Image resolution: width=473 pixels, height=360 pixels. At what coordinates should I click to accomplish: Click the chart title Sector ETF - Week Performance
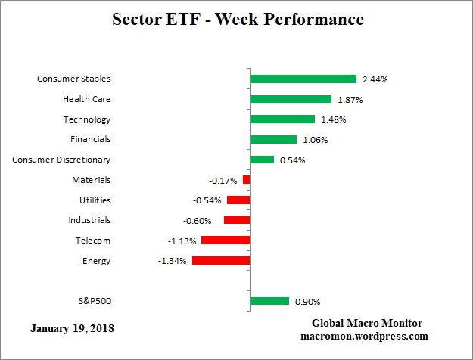(x=238, y=19)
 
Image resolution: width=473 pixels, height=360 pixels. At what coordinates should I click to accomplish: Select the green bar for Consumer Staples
(x=303, y=79)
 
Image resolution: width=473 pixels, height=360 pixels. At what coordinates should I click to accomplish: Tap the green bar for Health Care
(x=291, y=99)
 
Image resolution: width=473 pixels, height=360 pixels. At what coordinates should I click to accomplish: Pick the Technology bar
(x=282, y=119)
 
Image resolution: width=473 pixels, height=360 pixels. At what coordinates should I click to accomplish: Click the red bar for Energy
(x=221, y=260)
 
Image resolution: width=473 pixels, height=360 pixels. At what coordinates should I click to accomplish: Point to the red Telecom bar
(x=226, y=241)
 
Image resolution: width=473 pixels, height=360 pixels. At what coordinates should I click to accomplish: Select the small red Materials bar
(x=246, y=180)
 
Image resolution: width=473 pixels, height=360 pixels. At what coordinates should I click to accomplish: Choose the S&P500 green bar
(x=269, y=301)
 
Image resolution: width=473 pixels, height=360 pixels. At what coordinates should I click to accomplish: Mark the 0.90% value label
(x=307, y=302)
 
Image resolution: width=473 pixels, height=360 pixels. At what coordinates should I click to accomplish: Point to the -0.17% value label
(x=222, y=181)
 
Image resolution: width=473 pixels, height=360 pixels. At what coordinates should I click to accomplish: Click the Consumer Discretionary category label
(x=62, y=160)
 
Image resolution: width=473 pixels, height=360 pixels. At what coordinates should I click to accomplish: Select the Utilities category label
(x=95, y=200)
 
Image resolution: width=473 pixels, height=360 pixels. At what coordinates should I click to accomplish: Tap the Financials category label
(x=91, y=139)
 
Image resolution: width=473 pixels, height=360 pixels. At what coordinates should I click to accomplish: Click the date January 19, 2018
(x=73, y=329)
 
